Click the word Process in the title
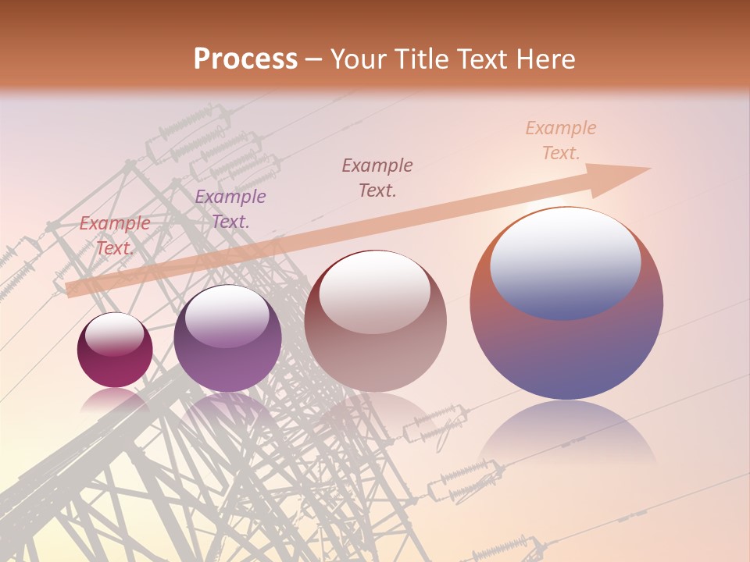(245, 59)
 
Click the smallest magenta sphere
(115, 367)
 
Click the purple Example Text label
(230, 209)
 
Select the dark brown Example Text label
(377, 177)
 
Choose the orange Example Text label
(560, 140)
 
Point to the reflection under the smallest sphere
(115, 400)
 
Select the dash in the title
(314, 59)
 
